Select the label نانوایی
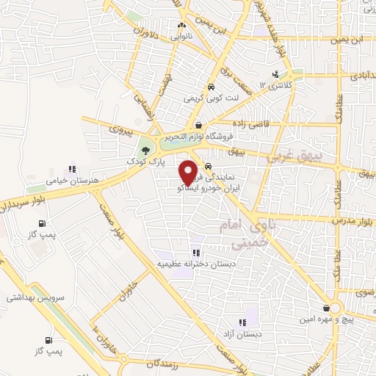click(181, 35)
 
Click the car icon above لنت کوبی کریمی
click(211, 85)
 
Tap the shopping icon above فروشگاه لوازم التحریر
click(199, 124)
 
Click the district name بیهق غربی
click(328, 156)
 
